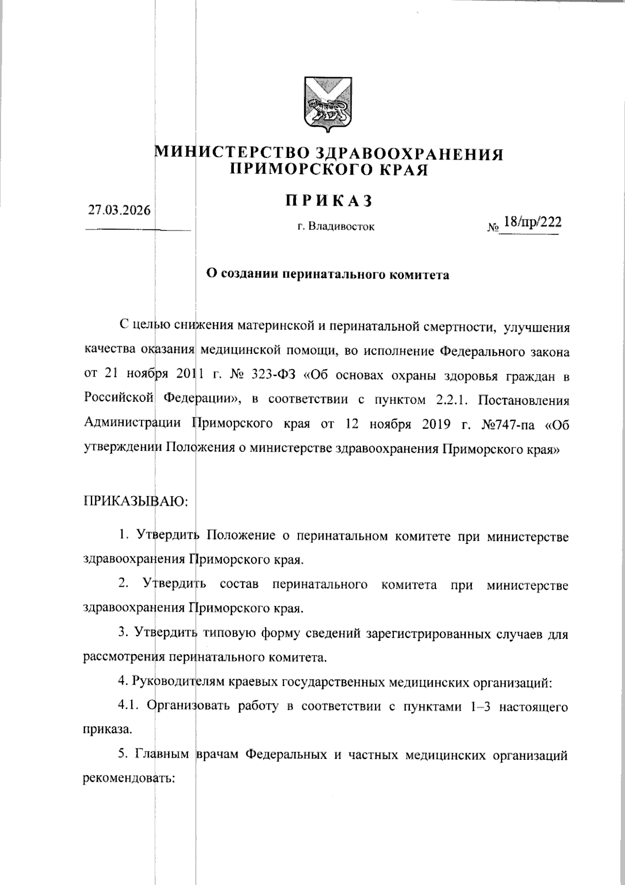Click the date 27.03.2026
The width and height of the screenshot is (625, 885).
119,211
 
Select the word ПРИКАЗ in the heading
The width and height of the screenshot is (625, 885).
328,201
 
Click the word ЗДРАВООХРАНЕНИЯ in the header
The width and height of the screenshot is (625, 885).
409,154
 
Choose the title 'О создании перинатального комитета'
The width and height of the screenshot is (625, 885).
328,274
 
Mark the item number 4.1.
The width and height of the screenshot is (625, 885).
130,707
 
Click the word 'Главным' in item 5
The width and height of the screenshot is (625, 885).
163,755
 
